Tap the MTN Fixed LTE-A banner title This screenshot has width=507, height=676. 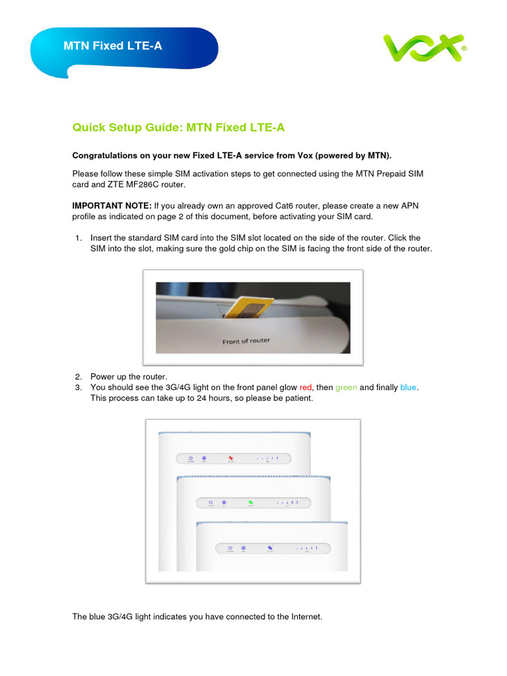(112, 46)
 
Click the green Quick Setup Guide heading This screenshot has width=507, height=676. (178, 127)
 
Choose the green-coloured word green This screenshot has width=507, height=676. (346, 387)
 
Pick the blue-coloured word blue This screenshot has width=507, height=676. (408, 387)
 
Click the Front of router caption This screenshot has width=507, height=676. (246, 341)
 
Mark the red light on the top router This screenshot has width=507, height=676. (231, 457)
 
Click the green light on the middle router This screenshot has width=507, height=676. (251, 502)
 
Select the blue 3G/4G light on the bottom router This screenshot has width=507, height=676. (270, 547)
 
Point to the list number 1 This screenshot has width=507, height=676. (78, 238)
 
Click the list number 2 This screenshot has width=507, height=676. (78, 376)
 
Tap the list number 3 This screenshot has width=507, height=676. (78, 387)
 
